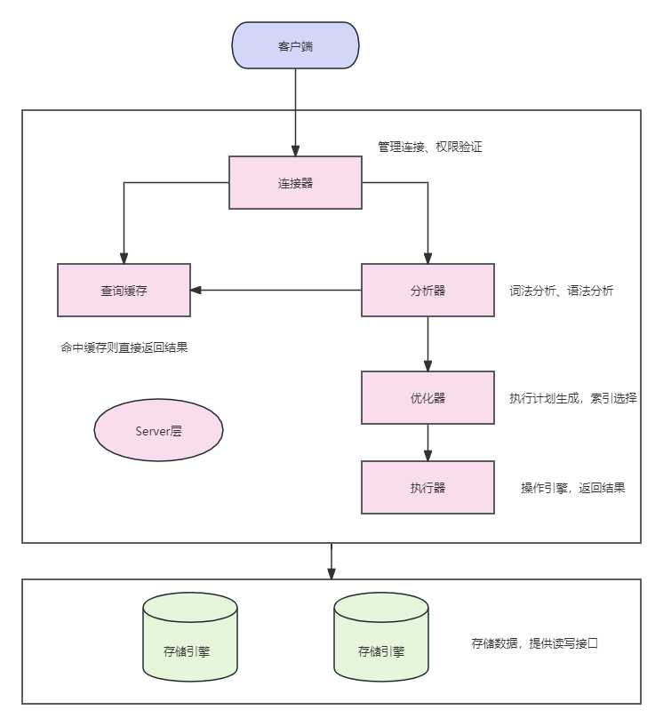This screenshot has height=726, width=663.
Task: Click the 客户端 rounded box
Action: coord(295,45)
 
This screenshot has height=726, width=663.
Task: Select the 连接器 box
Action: coord(295,183)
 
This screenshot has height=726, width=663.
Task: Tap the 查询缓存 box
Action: coord(124,290)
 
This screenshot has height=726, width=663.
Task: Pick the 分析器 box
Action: coord(427,290)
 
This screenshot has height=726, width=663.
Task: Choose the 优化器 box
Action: coord(427,397)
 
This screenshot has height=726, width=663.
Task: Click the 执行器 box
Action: coord(427,487)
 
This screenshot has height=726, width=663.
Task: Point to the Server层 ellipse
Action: coord(158,430)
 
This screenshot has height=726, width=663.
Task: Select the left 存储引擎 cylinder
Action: coord(190,638)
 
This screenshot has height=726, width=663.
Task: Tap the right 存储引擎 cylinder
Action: coord(380,638)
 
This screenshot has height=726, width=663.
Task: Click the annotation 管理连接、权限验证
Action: coord(430,147)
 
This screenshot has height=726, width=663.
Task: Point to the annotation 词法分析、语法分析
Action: coord(561,291)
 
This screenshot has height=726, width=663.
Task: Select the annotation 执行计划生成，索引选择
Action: coord(573,398)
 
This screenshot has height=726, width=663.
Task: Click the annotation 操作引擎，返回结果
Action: coord(573,488)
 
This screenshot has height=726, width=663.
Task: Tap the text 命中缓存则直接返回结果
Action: coord(124,347)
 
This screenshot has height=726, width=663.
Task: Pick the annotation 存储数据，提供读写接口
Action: coord(535,643)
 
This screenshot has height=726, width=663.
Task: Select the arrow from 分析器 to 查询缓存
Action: coord(276,290)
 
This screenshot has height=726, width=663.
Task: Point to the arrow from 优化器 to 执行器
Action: coord(427,443)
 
